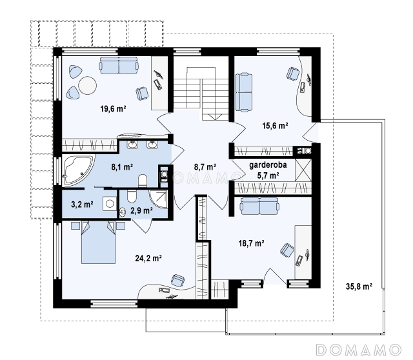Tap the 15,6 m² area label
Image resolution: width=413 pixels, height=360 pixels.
click(275, 126)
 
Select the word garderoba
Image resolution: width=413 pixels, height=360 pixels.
click(268, 165)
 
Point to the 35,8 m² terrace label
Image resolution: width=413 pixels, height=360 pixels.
click(359, 286)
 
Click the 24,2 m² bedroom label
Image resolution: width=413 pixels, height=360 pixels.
click(148, 258)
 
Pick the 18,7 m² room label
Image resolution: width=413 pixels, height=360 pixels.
click(252, 243)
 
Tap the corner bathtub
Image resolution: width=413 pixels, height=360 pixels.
click(77, 170)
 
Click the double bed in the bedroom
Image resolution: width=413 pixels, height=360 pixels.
click(98, 242)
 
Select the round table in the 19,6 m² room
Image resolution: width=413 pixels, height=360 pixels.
click(88, 85)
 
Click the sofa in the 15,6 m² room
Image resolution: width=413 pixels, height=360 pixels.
click(244, 92)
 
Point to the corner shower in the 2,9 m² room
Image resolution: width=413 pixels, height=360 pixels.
click(159, 199)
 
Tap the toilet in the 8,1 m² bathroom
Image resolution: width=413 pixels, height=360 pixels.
click(143, 181)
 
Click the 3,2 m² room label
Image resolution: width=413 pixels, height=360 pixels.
click(82, 204)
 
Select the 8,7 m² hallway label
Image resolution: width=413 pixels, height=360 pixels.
click(205, 166)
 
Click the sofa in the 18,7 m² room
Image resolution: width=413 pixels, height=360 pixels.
click(259, 206)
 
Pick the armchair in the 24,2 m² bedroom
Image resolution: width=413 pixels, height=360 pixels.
click(178, 280)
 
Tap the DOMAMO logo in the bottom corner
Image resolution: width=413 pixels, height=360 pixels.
click(359, 350)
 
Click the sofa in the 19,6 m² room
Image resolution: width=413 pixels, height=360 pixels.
click(119, 65)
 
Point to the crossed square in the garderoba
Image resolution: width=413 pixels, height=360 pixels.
click(303, 170)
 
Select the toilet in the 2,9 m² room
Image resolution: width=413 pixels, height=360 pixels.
click(132, 196)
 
